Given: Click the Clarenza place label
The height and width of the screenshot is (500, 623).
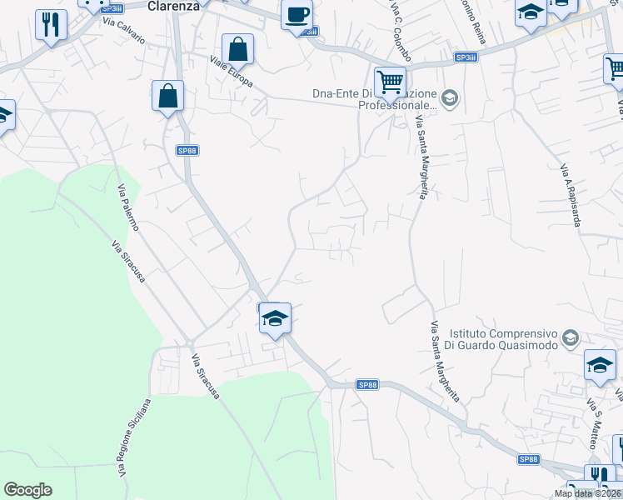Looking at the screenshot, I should [174, 5].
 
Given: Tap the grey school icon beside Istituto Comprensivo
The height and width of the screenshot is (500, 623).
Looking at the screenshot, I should [571, 337].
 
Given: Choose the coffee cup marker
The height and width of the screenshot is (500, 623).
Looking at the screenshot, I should [297, 15].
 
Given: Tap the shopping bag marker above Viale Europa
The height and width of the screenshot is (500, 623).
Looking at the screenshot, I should [237, 49].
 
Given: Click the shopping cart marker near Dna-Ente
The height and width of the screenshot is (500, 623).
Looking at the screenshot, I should [389, 81].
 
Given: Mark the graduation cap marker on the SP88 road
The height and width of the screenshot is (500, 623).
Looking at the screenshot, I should [275, 317].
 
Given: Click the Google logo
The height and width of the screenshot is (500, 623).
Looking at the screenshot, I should [27, 490].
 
